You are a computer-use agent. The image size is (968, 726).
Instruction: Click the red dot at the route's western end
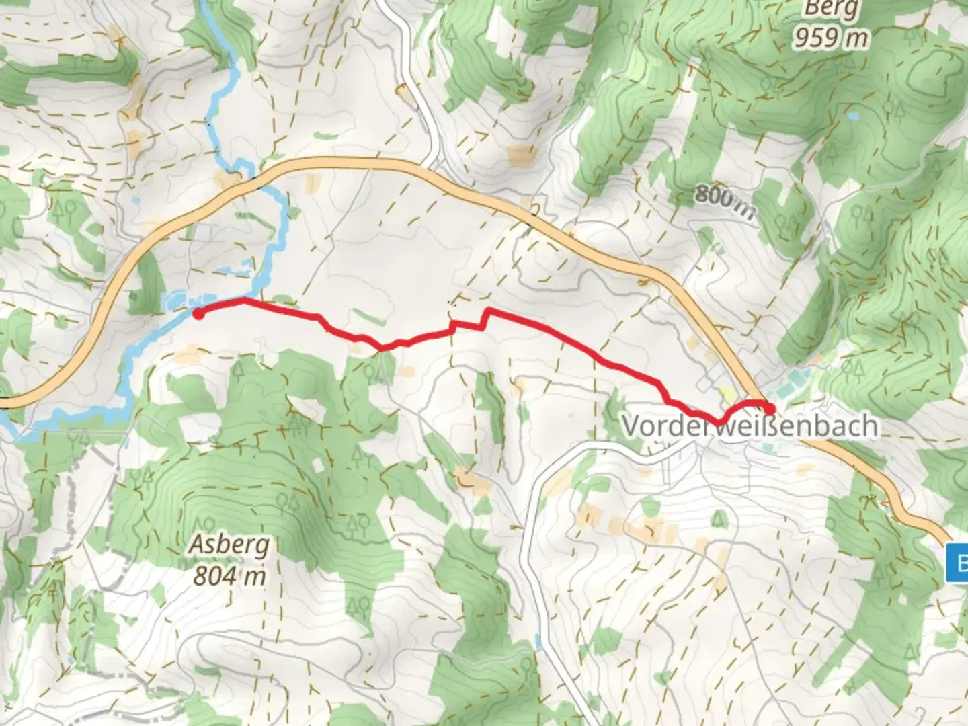pos(198,313)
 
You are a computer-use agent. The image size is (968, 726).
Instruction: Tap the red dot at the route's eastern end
pos(770,407)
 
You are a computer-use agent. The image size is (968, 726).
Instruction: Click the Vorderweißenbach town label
pos(750,426)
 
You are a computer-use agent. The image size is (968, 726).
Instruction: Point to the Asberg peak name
pos(229,544)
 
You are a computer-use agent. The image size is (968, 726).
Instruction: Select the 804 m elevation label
pos(229,575)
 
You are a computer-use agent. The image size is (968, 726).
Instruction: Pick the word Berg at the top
pos(832,9)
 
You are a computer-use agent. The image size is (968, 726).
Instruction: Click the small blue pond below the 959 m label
pos(853,116)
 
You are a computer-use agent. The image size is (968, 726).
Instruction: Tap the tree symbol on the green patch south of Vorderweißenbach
pos(719,518)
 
